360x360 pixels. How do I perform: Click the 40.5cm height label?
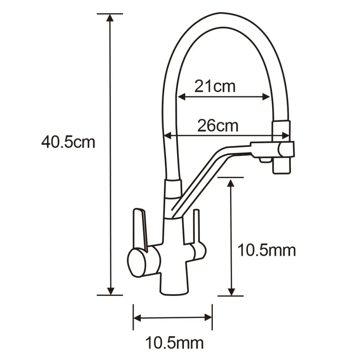68,143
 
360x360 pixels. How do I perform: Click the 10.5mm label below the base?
174,343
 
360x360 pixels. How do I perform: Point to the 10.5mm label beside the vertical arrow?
266,250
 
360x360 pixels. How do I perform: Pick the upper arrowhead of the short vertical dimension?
231,182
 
